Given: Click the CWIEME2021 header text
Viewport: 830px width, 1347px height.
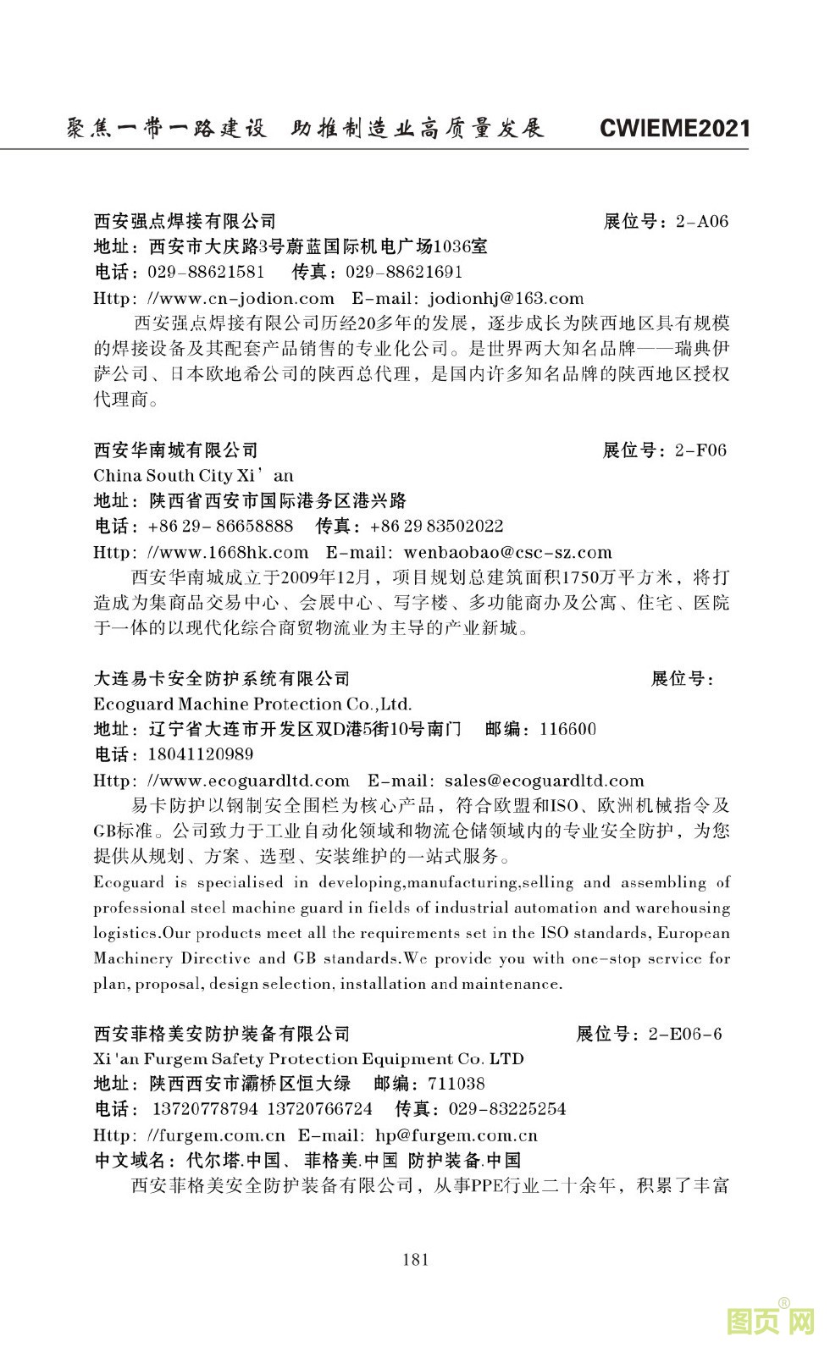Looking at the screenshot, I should coord(674,128).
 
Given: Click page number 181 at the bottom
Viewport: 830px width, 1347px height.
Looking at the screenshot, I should coord(415,1259).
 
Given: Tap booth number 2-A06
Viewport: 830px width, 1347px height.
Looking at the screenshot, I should coord(701,222).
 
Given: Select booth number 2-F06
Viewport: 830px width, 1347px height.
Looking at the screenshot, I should coord(700,450).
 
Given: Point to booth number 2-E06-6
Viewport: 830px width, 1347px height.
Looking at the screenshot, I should coord(684,1034).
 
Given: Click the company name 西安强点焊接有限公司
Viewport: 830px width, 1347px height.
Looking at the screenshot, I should coord(185,222).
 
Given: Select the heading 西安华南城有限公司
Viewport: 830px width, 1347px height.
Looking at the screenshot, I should coord(175,450).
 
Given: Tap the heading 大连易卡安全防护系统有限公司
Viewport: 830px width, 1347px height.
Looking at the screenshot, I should coord(222,679).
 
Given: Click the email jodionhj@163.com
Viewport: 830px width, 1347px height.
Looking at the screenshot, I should coord(506,298).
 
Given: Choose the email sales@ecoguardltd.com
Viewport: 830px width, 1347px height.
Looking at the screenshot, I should coord(544,781).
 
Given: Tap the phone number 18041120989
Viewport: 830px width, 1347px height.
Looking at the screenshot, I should coord(201,754).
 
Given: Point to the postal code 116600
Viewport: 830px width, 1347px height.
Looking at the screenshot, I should coord(567,729).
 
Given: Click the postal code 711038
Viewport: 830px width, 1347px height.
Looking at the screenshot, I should coord(456,1084).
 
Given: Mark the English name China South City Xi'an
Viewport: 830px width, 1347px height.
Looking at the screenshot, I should coord(193,476).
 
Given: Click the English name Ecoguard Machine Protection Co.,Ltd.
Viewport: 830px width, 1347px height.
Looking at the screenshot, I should coord(252,704).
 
